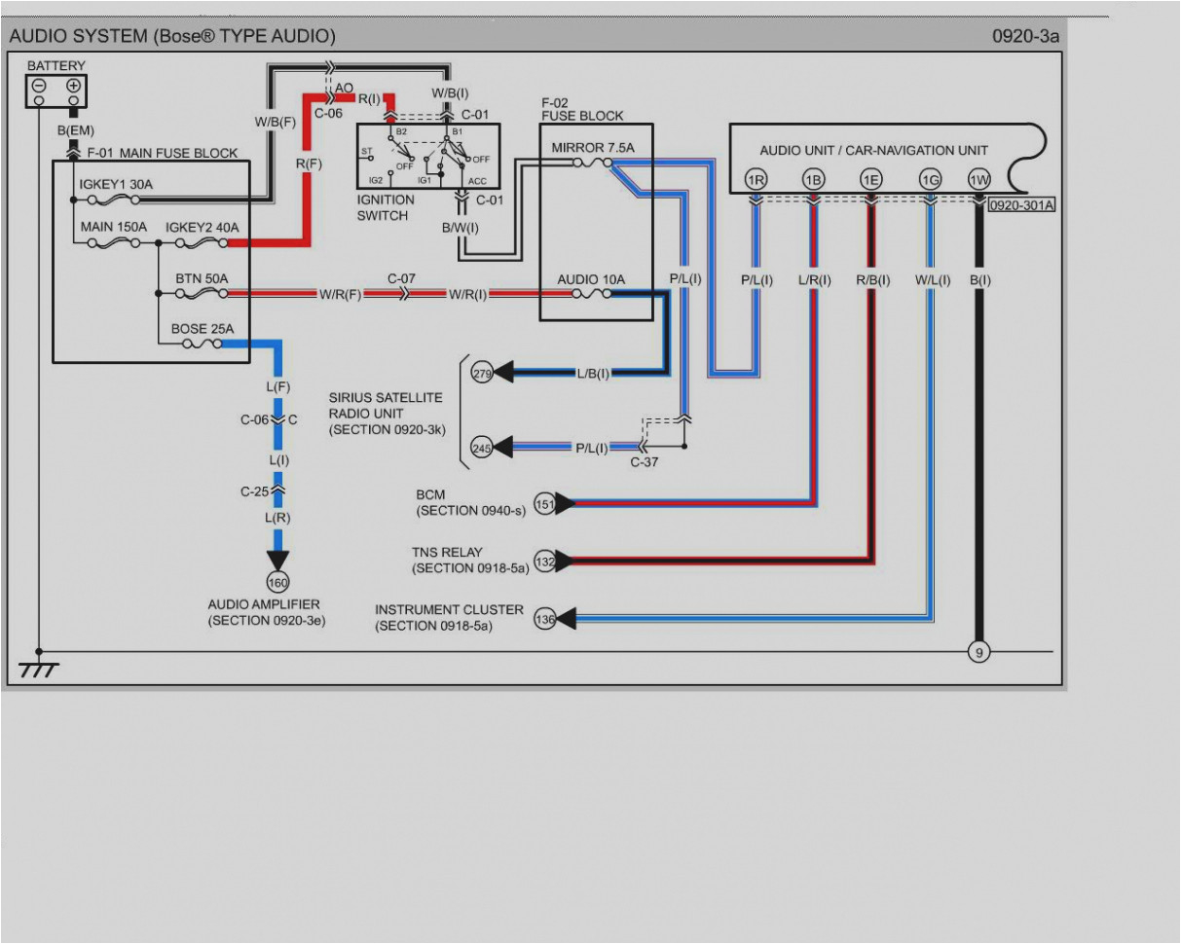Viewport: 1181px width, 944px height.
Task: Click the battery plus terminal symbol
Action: pos(73,86)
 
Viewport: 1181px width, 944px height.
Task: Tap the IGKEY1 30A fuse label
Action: pos(116,182)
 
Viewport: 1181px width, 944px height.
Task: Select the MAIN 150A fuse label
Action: pos(114,227)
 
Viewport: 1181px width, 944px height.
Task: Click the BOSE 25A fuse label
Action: pos(203,328)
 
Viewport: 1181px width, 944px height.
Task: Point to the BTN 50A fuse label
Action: pos(202,278)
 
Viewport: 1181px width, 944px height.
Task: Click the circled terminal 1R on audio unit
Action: pos(756,179)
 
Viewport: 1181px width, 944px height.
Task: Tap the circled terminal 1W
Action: pos(978,179)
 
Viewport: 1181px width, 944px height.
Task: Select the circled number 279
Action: pos(482,372)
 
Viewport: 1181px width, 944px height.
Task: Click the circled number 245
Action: pos(482,447)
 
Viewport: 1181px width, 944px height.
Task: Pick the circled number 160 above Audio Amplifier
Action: pos(278,582)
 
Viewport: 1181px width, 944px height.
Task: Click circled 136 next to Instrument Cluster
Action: pos(545,618)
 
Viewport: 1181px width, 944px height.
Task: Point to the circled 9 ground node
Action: pos(978,652)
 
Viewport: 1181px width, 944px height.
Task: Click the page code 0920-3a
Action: pos(1024,36)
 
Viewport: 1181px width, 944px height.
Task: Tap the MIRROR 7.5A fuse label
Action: pos(593,147)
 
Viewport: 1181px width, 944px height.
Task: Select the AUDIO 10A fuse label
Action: pos(591,279)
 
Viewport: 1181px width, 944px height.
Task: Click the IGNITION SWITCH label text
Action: pos(386,207)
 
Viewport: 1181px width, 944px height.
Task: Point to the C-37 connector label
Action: pos(644,462)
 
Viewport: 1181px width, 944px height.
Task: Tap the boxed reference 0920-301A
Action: pos(1021,204)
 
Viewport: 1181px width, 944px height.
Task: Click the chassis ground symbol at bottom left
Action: pos(39,670)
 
